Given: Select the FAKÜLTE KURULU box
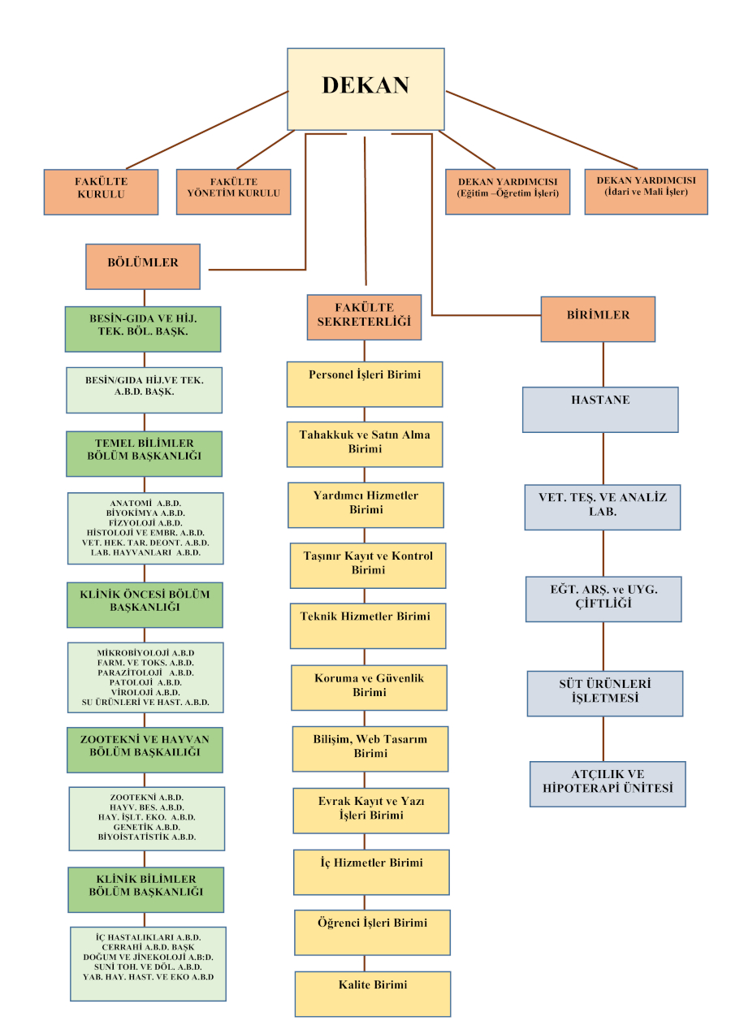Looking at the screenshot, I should click(101, 192).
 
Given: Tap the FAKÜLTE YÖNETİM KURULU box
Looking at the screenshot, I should click(233, 192).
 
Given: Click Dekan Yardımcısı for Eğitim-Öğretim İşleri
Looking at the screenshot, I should click(508, 192).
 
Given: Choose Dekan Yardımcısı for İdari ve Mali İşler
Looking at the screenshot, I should click(646, 192).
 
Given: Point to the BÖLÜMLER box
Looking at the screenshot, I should click(143, 266).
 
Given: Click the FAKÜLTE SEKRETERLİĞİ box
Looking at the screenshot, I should click(364, 317).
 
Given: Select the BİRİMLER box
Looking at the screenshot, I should click(598, 318).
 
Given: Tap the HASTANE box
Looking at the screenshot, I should click(600, 409).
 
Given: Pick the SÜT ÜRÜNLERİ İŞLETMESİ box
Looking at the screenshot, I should click(605, 693).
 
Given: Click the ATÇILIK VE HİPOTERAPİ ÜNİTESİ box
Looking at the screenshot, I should click(608, 784).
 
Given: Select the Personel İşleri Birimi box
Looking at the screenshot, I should click(365, 383).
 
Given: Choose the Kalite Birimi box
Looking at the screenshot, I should click(373, 993).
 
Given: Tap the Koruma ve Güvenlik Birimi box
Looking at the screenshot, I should click(370, 687).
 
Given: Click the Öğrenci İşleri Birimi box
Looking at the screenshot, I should click(372, 932).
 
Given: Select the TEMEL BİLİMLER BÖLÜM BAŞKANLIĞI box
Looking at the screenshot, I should click(145, 453).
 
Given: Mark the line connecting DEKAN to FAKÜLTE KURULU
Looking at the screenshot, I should click(207, 130).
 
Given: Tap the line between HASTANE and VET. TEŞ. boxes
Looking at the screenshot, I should click(603, 458).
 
